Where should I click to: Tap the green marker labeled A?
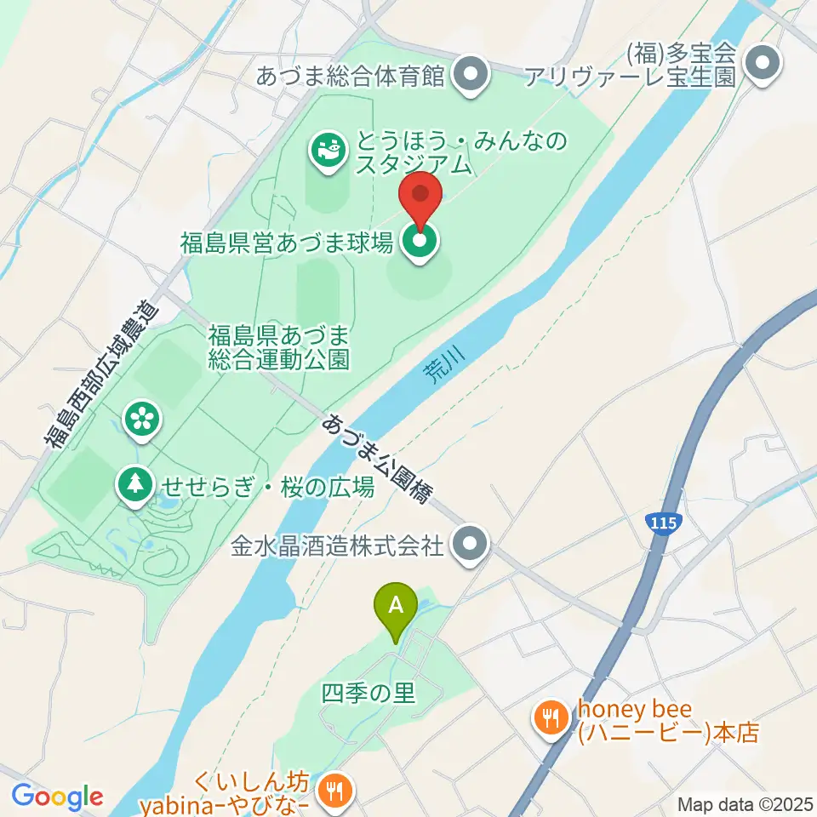coord(396,606)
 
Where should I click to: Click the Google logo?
coord(57,797)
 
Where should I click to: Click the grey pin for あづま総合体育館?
coord(470,76)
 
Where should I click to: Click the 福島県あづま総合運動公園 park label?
coord(278,346)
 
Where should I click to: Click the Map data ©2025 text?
coord(745,804)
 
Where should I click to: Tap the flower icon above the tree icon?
coord(142,417)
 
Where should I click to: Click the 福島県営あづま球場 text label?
coord(286,243)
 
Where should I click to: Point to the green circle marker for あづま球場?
coord(420,243)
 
